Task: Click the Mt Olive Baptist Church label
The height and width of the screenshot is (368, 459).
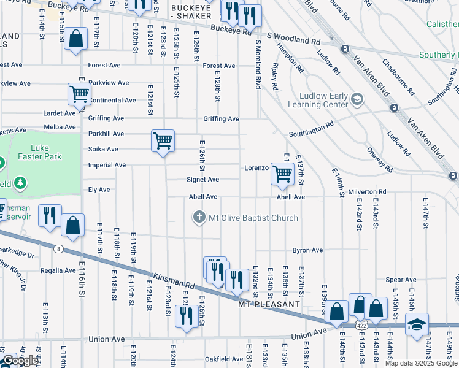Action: click(x=253, y=218)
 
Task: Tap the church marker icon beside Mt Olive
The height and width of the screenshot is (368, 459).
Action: click(x=199, y=217)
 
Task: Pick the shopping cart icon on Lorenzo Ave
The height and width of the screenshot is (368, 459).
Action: click(x=282, y=174)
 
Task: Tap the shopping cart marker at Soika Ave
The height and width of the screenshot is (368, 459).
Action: click(x=163, y=141)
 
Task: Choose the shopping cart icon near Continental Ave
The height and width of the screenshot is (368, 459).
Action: click(x=79, y=94)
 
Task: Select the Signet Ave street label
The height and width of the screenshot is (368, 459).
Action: click(x=203, y=180)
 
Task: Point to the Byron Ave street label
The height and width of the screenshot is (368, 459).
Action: click(x=307, y=250)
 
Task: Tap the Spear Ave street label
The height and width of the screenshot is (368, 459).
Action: click(x=401, y=280)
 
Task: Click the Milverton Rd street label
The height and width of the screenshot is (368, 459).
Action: click(x=367, y=192)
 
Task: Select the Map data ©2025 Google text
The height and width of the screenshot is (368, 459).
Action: click(x=422, y=363)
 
